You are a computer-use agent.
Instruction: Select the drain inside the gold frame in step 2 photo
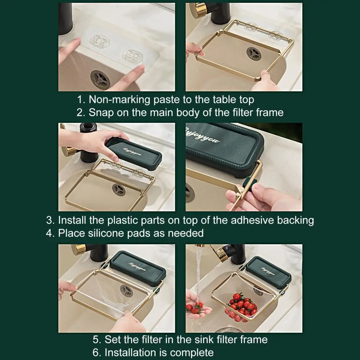[x=254, y=54]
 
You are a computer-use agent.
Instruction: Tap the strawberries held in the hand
[x=194, y=308]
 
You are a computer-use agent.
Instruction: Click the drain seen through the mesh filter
[x=126, y=291]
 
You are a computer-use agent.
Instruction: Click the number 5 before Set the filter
[x=96, y=340]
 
